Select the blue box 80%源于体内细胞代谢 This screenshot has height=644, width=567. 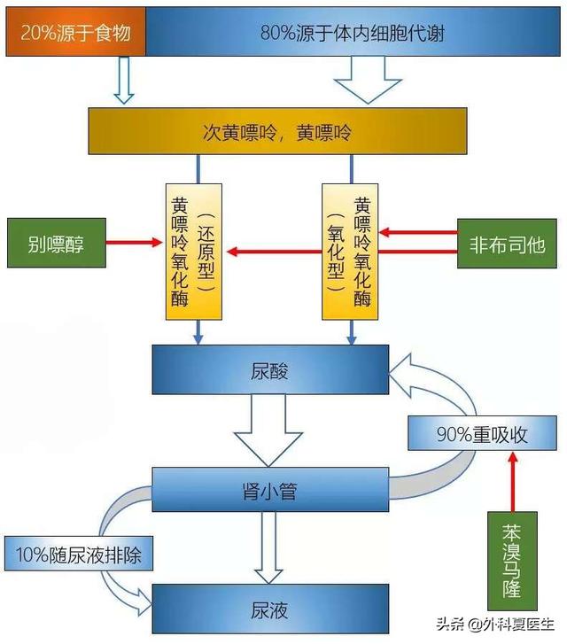pyautogui.click(x=353, y=34)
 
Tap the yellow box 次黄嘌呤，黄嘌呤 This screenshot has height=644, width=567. pyautogui.click(x=278, y=132)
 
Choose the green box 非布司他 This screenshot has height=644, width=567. pyautogui.click(x=506, y=242)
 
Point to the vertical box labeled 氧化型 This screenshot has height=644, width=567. pyautogui.click(x=350, y=251)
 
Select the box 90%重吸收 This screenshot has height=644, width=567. pyautogui.click(x=482, y=434)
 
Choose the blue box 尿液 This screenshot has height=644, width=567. pyautogui.click(x=271, y=610)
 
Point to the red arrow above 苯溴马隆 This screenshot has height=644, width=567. pyautogui.click(x=511, y=483)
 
